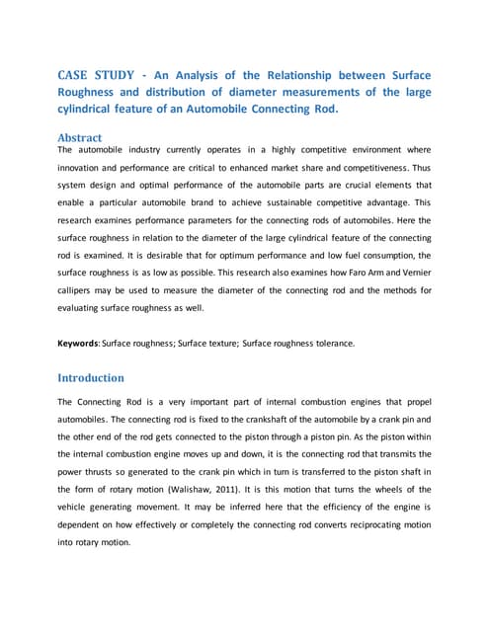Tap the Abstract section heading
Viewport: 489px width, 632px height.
coord(80,138)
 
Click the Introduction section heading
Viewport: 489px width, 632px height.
coord(91,377)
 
